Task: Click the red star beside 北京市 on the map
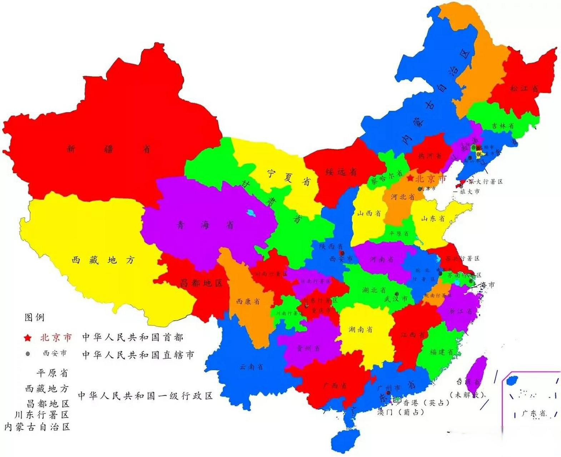(410, 178)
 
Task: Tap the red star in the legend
(27, 338)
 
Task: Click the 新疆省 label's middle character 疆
(109, 149)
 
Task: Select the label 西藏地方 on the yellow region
(103, 260)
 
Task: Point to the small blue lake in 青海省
(251, 214)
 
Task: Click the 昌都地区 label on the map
(201, 283)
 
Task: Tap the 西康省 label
(247, 301)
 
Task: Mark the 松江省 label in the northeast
(524, 88)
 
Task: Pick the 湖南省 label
(360, 329)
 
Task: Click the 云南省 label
(251, 367)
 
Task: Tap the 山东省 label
(433, 219)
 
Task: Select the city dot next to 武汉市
(396, 294)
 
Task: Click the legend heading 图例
(34, 317)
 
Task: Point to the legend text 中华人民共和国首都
(132, 337)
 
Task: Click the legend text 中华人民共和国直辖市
(138, 355)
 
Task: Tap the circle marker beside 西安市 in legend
(28, 353)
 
